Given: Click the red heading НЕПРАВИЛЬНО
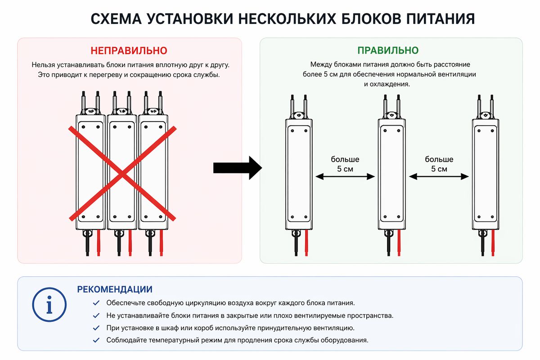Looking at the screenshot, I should click(129, 50).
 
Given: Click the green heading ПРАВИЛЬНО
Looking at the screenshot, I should click(387, 50).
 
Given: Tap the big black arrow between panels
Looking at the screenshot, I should click(237, 168).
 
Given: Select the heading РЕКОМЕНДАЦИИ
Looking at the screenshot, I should click(115, 289).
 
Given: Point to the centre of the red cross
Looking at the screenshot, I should click(121, 173).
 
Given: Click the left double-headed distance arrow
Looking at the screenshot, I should click(346, 177).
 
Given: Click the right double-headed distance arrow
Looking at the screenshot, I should click(439, 177).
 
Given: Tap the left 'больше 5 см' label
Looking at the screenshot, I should click(345, 164).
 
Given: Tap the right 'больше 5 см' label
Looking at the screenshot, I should click(439, 164).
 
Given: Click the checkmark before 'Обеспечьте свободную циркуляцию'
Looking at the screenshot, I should click(96, 303).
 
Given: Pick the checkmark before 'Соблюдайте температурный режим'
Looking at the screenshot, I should click(96, 340).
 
